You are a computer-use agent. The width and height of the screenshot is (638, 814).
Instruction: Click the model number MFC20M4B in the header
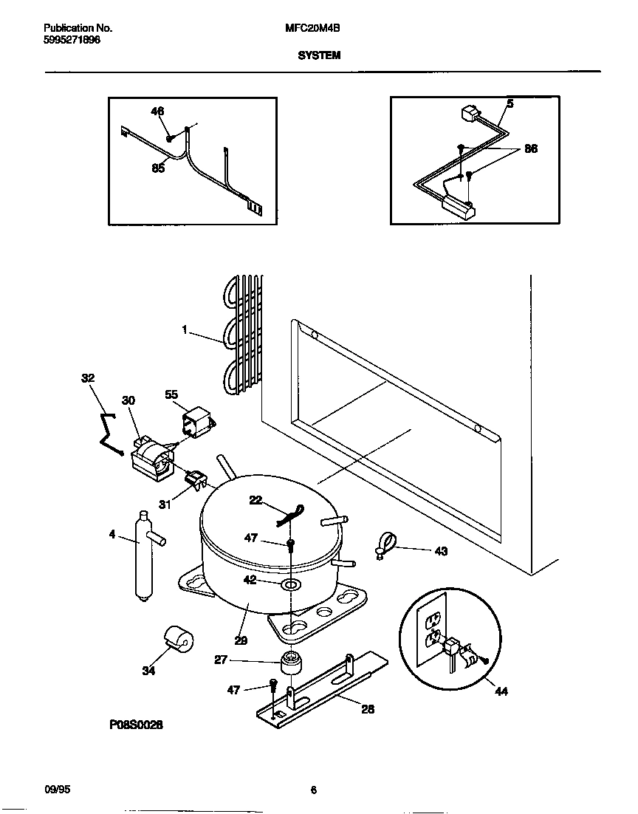308,27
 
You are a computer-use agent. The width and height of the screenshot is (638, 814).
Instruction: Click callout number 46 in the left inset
157,112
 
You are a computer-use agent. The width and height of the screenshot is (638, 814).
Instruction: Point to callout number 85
158,168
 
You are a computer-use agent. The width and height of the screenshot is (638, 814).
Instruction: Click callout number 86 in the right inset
531,148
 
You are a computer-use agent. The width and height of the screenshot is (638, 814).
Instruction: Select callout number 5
510,104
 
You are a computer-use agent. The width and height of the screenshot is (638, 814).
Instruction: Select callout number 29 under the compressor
241,641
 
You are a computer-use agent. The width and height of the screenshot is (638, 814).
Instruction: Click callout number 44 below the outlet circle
502,692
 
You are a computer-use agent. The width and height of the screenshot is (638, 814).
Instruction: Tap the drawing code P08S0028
136,726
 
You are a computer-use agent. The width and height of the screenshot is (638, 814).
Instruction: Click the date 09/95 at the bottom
56,790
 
